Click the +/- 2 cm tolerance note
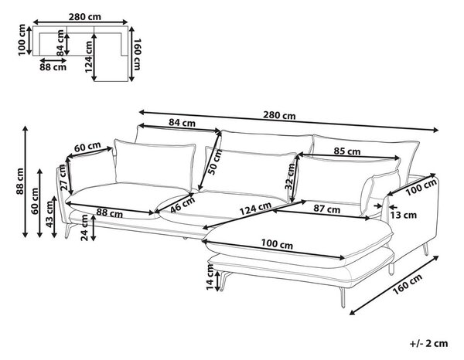pos(428,343)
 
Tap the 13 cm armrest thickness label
pos(403,216)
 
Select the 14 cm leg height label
pos(210,277)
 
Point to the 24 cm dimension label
pos(84,228)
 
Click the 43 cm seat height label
pos(50,213)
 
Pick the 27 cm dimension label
pos(62,178)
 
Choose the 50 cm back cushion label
pos(216,162)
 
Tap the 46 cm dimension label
pos(183,204)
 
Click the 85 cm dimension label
pos(347,151)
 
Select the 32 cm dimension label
pos(290,176)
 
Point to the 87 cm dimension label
pos(326,209)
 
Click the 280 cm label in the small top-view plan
pos(85,17)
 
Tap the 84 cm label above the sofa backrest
pos(182,122)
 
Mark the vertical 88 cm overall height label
pos(20,182)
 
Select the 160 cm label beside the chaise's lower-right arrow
pos(408,285)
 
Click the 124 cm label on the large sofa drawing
pos(255,209)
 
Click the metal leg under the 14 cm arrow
pos(225,280)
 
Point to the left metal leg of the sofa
pos(68,231)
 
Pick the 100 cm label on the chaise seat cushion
pos(277,244)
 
